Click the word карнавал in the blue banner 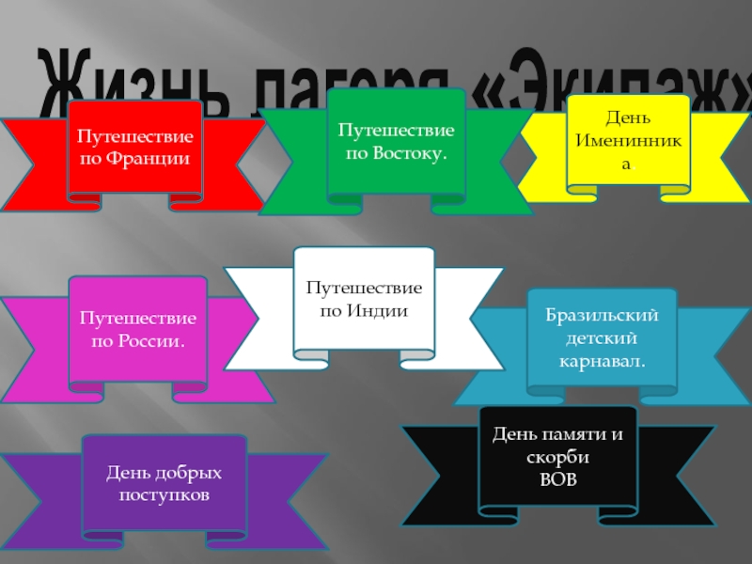click(602, 359)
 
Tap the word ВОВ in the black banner click(558, 478)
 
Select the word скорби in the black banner click(558, 458)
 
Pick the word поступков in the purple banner click(164, 493)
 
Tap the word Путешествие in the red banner click(135, 137)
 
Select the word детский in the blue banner click(602, 337)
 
